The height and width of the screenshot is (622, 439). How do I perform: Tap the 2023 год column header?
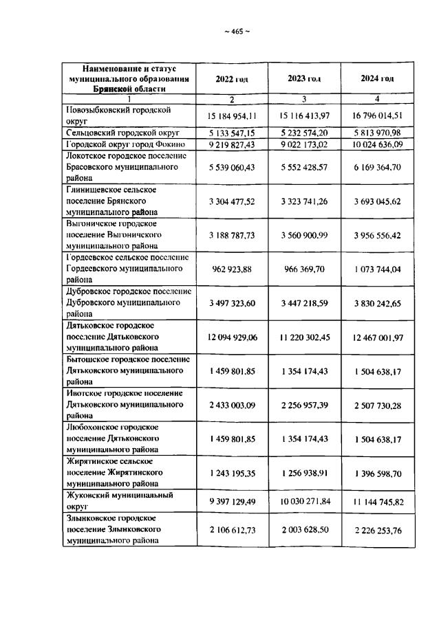coord(304,79)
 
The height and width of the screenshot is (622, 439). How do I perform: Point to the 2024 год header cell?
coord(377,79)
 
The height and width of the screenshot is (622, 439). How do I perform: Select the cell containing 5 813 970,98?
coord(377,132)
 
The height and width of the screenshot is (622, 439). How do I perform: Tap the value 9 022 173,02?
coord(304,144)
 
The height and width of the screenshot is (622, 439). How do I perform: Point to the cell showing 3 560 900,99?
coord(304,235)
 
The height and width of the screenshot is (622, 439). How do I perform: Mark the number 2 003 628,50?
coord(304,529)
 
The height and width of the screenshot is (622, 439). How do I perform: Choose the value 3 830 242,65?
coord(377,303)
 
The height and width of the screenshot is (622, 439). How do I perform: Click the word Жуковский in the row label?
coord(87,495)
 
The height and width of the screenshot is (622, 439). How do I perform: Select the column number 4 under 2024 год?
coord(377,99)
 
